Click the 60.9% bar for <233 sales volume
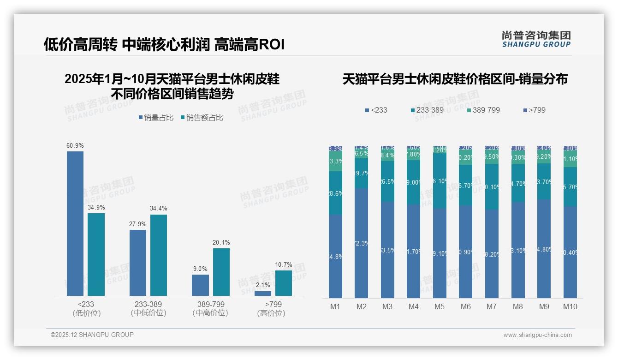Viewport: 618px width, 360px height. click(x=75, y=223)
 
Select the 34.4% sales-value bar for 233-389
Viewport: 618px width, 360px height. click(x=159, y=255)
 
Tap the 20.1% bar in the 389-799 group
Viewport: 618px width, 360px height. click(x=221, y=272)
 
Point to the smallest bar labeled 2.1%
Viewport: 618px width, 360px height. click(x=263, y=293)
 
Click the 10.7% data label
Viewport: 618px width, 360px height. click(x=284, y=265)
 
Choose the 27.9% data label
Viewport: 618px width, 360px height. click(x=138, y=224)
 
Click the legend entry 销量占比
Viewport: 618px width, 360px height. click(x=156, y=118)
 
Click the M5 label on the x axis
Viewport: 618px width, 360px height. click(x=440, y=306)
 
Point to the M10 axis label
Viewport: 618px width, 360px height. click(x=570, y=306)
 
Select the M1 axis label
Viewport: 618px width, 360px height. click(x=335, y=306)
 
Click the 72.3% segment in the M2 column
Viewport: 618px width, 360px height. click(x=362, y=243)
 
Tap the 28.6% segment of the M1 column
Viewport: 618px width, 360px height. click(x=335, y=193)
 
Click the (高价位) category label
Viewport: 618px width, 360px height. click(x=271, y=313)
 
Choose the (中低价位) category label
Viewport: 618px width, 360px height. click(x=148, y=313)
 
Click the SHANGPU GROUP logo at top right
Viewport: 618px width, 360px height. click(x=536, y=39)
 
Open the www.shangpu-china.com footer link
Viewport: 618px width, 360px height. click(x=537, y=335)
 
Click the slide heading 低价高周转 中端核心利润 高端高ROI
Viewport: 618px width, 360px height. click(x=164, y=44)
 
